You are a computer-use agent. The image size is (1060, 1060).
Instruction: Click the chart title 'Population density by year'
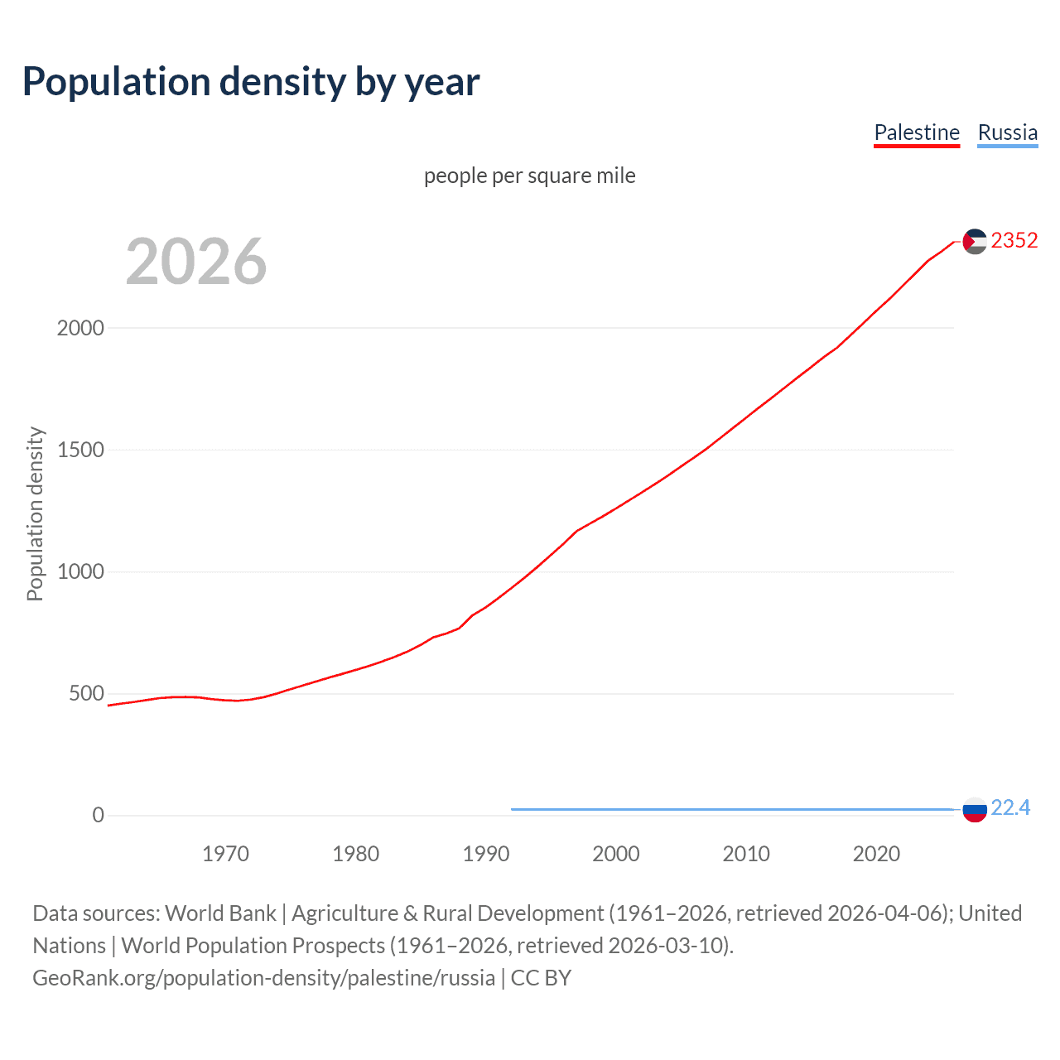tap(251, 82)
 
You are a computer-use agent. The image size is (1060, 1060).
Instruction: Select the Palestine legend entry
tap(917, 132)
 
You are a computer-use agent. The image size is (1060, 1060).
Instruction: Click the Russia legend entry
tap(1007, 132)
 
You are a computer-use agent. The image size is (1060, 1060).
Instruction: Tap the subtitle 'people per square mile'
tap(529, 176)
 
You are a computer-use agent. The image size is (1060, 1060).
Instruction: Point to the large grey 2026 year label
tap(196, 262)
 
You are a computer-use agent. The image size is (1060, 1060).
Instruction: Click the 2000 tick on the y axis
tap(80, 328)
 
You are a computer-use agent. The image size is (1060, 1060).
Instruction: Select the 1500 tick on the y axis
tap(80, 450)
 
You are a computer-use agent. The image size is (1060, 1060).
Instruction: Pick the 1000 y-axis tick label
tap(80, 571)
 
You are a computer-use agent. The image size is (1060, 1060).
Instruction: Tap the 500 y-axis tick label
tap(86, 693)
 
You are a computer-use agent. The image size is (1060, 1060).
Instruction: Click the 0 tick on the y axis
tap(99, 815)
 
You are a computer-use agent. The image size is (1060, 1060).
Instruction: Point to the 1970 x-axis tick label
tap(225, 854)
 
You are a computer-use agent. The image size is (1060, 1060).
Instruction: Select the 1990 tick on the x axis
tap(486, 854)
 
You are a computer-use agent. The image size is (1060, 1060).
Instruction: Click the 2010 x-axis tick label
tap(746, 854)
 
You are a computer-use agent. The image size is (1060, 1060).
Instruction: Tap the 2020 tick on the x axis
tap(876, 854)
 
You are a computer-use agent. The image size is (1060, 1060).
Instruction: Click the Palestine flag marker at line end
tap(975, 241)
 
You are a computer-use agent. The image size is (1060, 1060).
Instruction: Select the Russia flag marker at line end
tap(975, 809)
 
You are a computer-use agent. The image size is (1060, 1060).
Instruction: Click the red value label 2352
tap(1014, 240)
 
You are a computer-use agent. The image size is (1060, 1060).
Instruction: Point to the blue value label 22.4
tap(1010, 807)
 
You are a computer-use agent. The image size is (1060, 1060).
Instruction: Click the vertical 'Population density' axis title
tap(35, 513)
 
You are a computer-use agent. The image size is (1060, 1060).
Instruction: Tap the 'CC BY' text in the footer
tap(541, 978)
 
